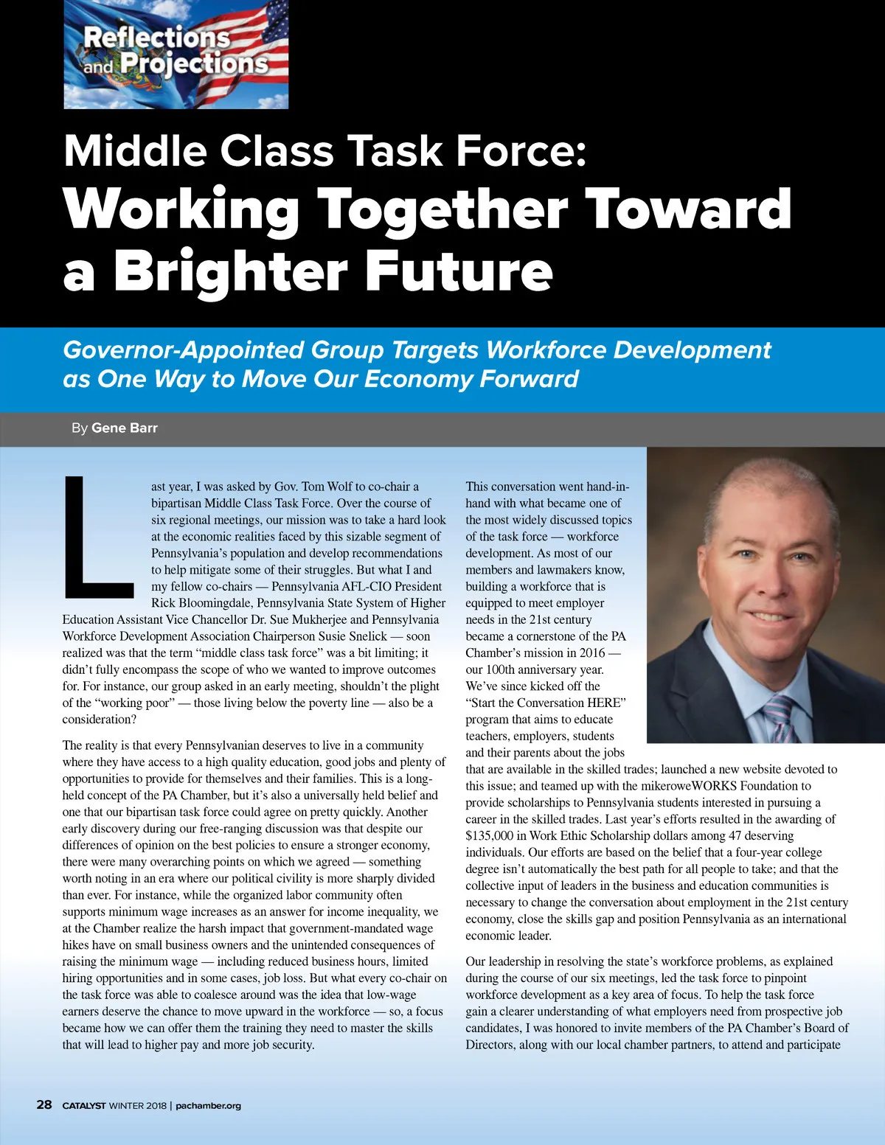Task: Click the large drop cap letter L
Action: [x=97, y=538]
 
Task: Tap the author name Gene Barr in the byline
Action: [x=124, y=428]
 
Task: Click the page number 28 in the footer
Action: [x=44, y=1104]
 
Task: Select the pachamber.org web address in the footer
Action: [x=209, y=1105]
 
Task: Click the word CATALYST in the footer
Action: [x=84, y=1105]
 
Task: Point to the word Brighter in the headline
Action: [x=230, y=271]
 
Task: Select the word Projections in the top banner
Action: [x=194, y=64]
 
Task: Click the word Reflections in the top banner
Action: [x=156, y=37]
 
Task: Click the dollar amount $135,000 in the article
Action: [x=495, y=835]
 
